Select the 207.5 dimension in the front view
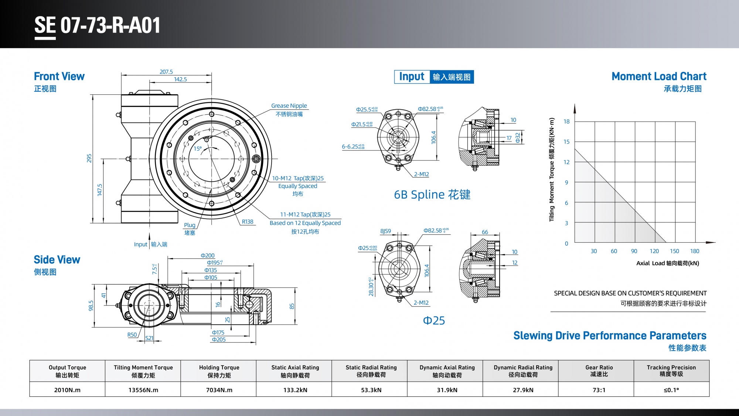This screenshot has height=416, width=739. coord(166,72)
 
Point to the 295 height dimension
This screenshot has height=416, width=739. coord(89,158)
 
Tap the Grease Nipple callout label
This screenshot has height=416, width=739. coord(289,106)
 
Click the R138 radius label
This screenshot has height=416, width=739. coord(248,221)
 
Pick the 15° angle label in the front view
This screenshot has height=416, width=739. coord(198,149)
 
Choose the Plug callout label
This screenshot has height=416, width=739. coord(190,225)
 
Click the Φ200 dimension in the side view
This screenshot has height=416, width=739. coord(208,256)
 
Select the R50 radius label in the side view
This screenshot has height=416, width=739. coord(132,335)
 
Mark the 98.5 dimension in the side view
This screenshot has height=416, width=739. coord(91,305)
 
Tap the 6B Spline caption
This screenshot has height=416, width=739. coord(432,195)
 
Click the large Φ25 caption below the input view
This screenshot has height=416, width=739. coord(434,321)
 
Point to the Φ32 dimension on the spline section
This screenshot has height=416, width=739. coord(518,138)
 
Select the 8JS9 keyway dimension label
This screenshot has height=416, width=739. coord(385,231)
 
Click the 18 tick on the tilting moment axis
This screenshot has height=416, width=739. coord(566,121)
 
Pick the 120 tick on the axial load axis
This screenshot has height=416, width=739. coord(654,251)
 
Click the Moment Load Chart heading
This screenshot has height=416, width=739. coord(658,76)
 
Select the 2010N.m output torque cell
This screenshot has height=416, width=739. coord(67,390)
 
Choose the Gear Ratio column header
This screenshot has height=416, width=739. coord(599,371)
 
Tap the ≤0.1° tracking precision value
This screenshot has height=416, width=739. coord(671,390)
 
